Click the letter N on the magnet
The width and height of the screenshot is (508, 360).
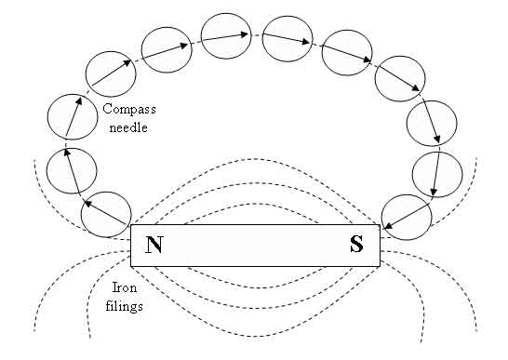[154, 245]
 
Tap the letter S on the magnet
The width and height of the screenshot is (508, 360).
[356, 244]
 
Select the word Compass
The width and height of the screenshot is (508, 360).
[129, 109]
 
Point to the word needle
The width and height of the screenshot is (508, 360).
[128, 127]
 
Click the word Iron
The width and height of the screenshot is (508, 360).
[125, 287]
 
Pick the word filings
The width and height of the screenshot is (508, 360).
[125, 306]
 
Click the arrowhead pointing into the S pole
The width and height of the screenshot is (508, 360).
[387, 225]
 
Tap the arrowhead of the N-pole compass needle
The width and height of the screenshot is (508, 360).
[88, 204]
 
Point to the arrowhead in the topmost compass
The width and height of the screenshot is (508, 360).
[245, 34]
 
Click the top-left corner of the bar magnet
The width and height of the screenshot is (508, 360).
[131, 224]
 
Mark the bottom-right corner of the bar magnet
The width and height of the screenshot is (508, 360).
[380, 267]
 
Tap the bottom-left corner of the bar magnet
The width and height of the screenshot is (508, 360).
[131, 267]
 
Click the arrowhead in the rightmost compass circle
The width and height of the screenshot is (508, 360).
[434, 193]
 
